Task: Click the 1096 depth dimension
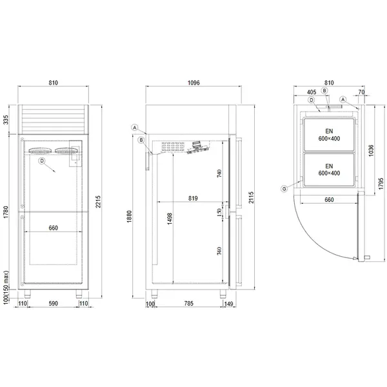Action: [x=192, y=83]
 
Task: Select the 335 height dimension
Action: [x=6, y=119]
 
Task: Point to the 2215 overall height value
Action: [x=98, y=202]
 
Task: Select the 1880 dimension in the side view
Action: [x=130, y=215]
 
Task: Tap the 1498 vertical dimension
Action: [x=168, y=219]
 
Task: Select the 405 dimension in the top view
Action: [x=311, y=92]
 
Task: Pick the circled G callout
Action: [x=284, y=188]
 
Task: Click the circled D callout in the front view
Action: [x=41, y=161]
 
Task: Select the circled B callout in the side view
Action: [x=141, y=139]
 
